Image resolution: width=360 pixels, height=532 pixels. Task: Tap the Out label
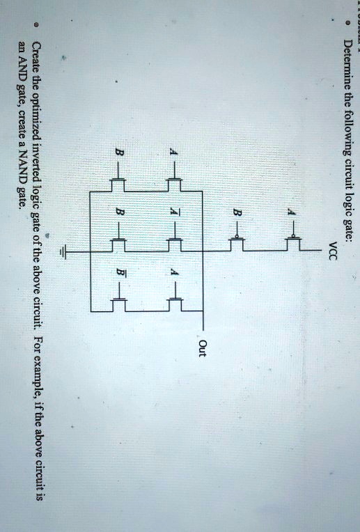[202, 348]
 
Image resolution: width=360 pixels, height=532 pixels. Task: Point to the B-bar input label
[120, 272]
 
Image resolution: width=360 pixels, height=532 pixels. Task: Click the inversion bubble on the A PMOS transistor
[293, 236]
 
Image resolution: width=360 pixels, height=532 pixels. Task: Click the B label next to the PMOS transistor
[237, 213]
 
